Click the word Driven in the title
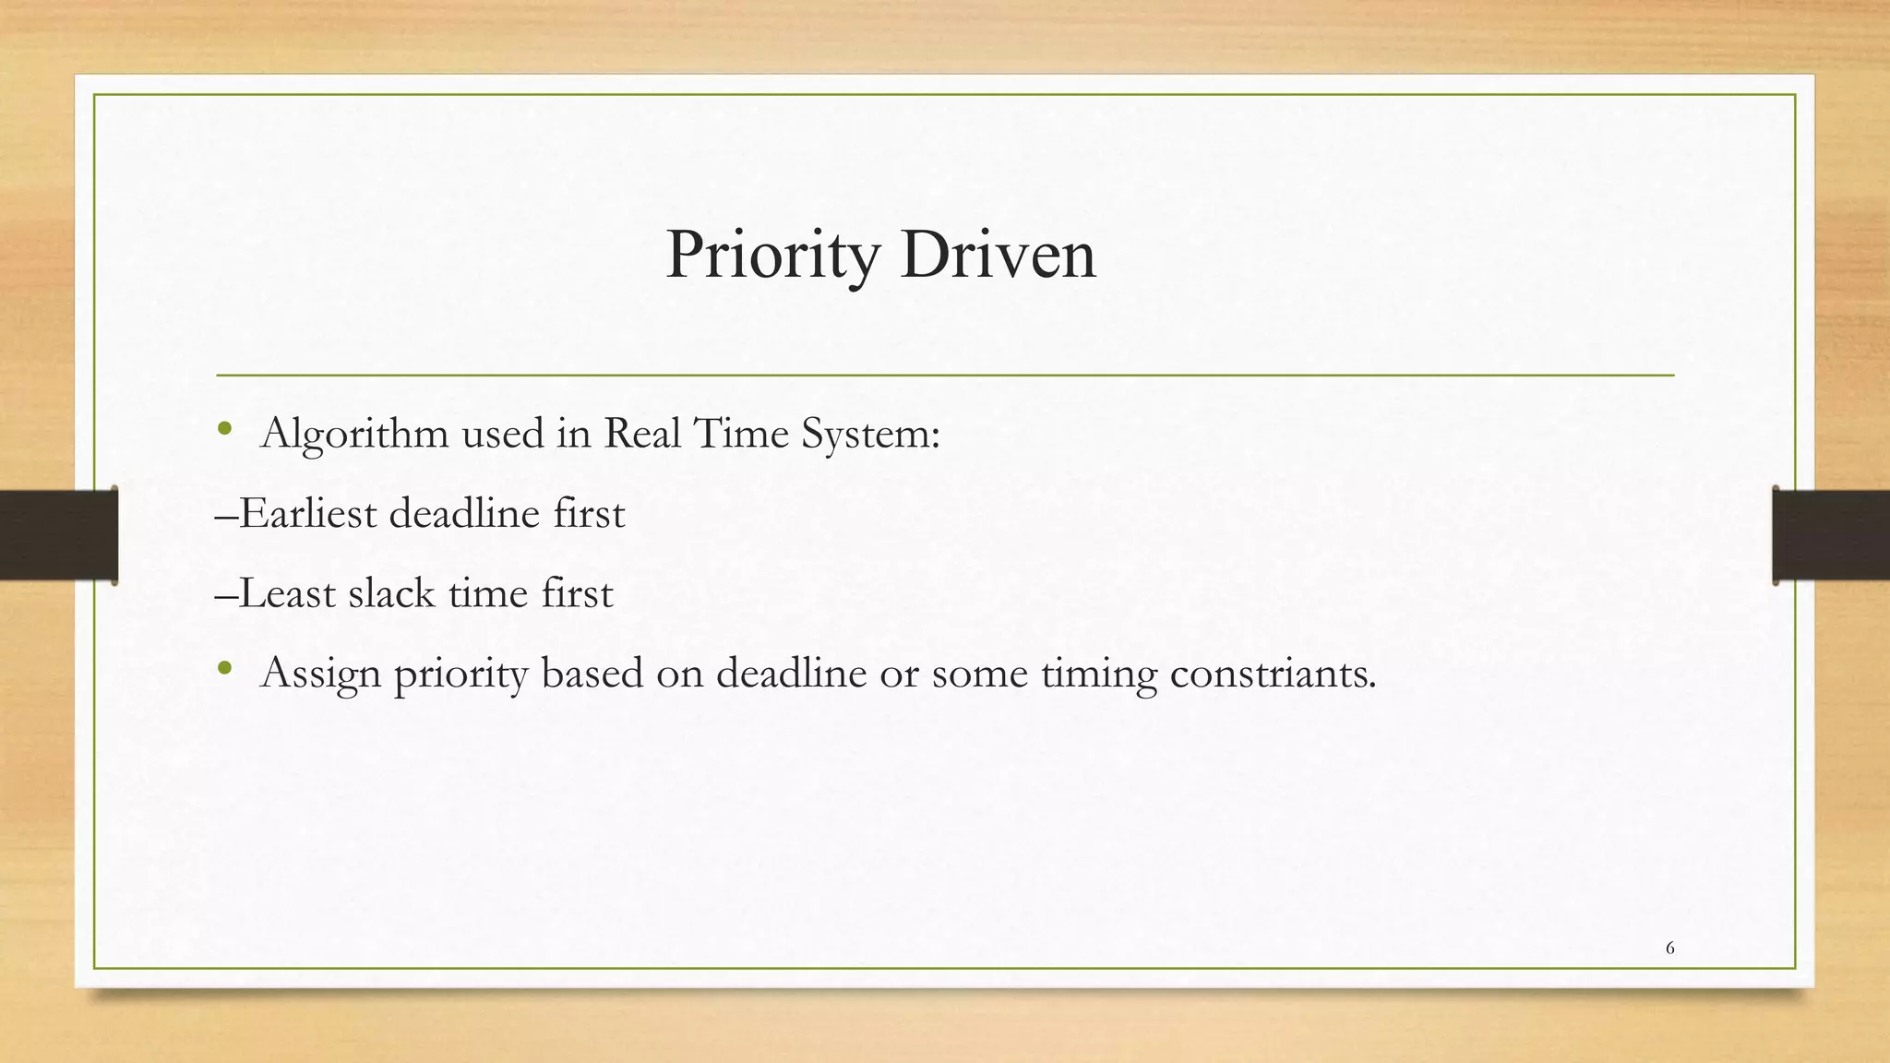coord(999,255)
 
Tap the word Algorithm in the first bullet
coord(355,434)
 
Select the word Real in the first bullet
coord(641,433)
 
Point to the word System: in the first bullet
coord(870,434)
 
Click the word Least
coord(287,593)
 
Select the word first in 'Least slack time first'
coord(577,593)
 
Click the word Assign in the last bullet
coord(321,674)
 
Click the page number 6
coord(1670,948)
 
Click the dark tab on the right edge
coord(1831,535)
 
